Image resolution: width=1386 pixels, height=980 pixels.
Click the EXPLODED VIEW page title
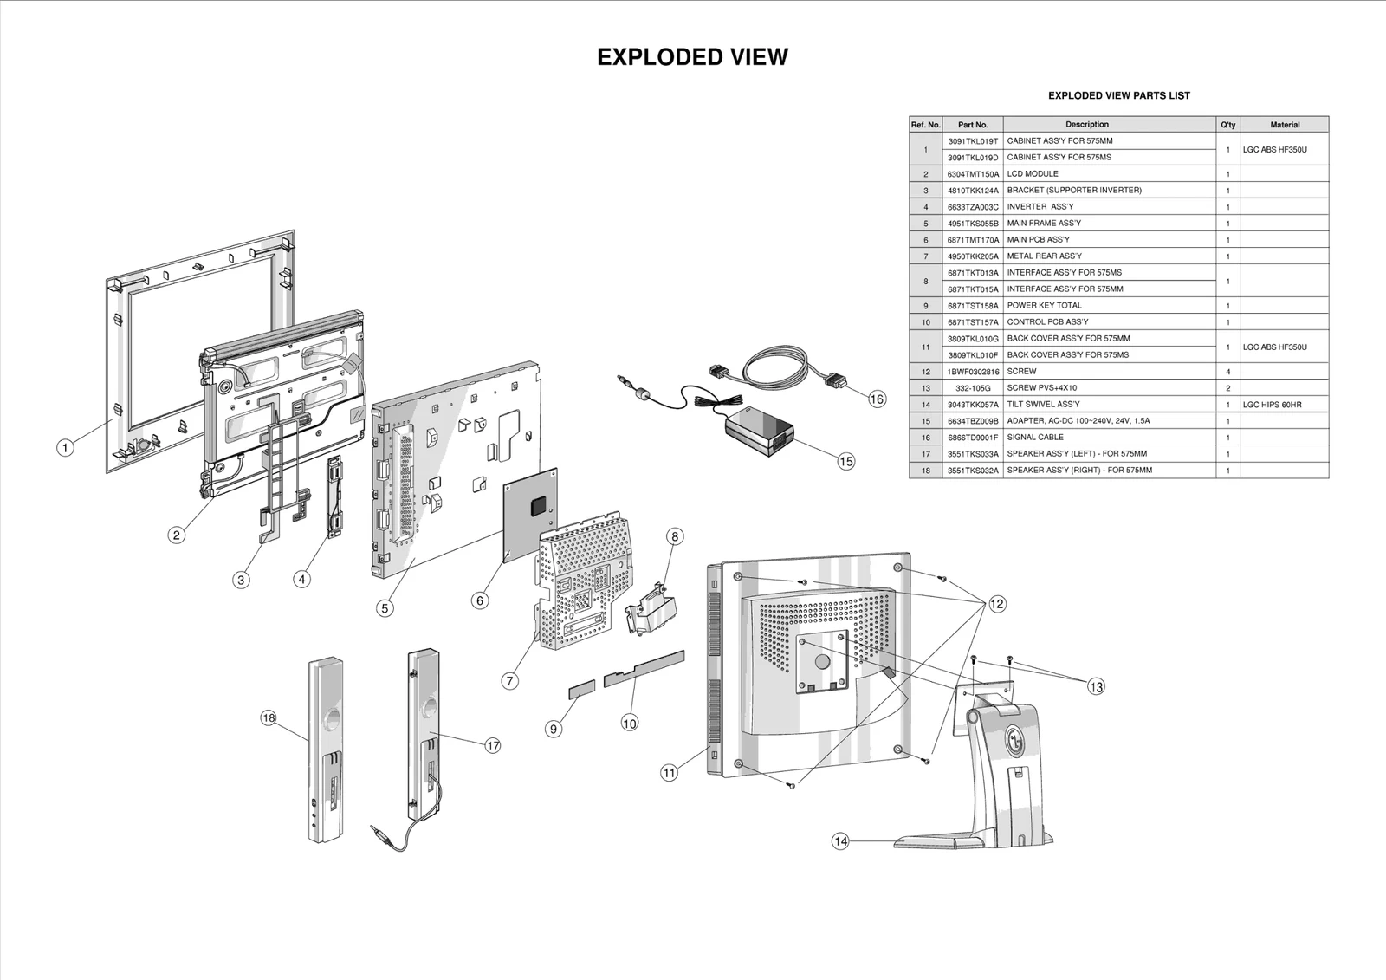(692, 57)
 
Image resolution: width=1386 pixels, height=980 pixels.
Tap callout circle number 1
(65, 448)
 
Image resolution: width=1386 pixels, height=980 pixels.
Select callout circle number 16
(878, 399)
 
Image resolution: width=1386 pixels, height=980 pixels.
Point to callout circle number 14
(840, 841)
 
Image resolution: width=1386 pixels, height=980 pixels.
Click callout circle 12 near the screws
(997, 604)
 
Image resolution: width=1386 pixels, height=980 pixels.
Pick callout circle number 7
(510, 681)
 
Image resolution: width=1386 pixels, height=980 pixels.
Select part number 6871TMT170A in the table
(972, 240)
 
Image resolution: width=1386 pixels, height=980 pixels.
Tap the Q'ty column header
(1227, 125)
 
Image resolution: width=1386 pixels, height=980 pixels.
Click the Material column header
(1284, 125)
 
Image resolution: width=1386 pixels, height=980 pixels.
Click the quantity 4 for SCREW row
(1227, 372)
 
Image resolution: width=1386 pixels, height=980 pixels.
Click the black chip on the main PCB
(541, 503)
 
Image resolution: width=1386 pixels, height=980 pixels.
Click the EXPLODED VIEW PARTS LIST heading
(1118, 96)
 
